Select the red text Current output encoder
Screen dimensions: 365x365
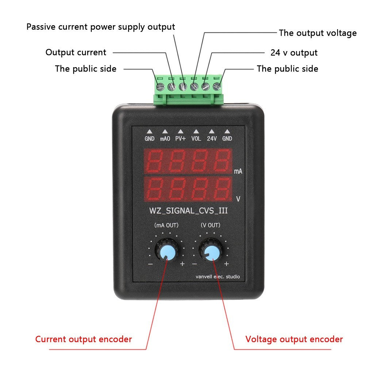[x=84, y=339]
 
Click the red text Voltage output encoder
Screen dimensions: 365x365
[x=294, y=339]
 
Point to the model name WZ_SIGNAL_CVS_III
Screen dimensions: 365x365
[x=191, y=211]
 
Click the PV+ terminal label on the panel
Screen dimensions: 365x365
[x=180, y=139]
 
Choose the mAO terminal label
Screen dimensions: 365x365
[x=165, y=139]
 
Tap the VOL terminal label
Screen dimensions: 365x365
[x=196, y=139]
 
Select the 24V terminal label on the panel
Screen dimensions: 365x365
[x=212, y=139]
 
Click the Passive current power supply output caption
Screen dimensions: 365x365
[x=101, y=27]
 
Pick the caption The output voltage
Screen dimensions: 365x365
[x=318, y=33]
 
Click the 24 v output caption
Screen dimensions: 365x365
[x=294, y=53]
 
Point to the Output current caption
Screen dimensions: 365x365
[x=76, y=52]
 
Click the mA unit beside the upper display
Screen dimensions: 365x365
[x=238, y=171]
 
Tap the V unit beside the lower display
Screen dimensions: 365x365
[x=238, y=199]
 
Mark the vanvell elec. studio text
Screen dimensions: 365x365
[x=218, y=277]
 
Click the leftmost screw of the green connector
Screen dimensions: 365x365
[x=160, y=87]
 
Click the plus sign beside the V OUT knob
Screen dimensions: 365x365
[x=226, y=264]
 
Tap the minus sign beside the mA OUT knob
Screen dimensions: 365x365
[x=150, y=264]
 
